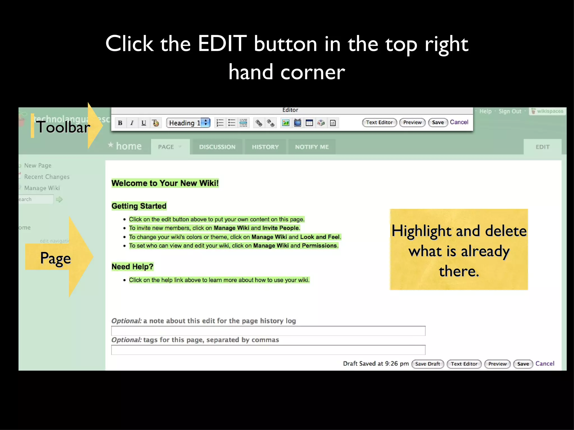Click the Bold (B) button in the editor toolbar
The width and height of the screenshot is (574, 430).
click(120, 123)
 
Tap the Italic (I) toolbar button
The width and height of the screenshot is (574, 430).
click(132, 123)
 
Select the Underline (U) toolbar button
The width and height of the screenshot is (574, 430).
click(144, 123)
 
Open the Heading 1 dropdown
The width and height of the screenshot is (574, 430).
click(188, 123)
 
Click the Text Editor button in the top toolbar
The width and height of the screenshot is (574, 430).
click(379, 122)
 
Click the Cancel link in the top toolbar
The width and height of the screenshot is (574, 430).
click(459, 122)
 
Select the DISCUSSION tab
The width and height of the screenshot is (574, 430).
click(217, 147)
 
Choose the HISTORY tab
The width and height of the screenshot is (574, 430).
click(265, 147)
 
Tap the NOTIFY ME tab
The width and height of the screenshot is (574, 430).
click(312, 147)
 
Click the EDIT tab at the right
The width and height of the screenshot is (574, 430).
click(543, 147)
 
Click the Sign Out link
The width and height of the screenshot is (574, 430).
click(510, 111)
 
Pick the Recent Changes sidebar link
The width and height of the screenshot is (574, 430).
click(47, 177)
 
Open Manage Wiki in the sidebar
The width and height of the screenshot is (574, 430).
click(42, 188)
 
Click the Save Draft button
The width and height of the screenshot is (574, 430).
click(427, 364)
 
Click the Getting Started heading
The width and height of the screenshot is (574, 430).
click(139, 206)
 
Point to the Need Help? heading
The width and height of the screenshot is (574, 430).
click(133, 267)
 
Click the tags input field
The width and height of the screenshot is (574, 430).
click(268, 350)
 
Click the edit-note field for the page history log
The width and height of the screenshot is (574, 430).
click(268, 331)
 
